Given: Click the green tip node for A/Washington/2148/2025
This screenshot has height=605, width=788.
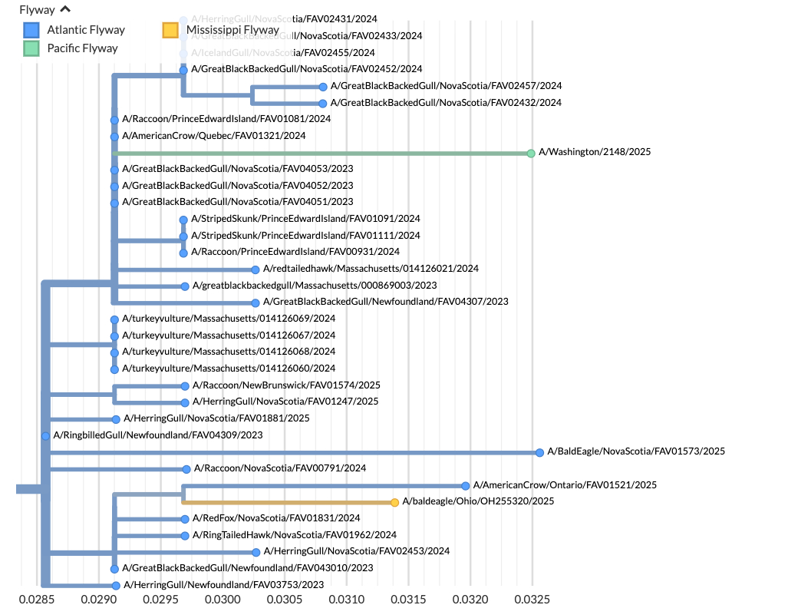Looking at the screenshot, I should tap(531, 154).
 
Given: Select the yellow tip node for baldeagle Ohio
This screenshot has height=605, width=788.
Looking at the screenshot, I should tap(394, 503).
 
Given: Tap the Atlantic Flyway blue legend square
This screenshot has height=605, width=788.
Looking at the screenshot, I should tap(31, 31).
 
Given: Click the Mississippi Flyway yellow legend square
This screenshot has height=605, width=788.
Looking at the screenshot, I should tap(170, 31).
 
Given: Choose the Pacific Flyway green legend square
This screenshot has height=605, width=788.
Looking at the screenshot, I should tap(31, 48).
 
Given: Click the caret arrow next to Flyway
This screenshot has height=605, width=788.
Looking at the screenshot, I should tap(65, 9).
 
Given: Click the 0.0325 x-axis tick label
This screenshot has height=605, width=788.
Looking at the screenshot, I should tap(533, 595).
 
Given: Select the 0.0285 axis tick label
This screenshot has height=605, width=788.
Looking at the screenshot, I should tap(38, 595).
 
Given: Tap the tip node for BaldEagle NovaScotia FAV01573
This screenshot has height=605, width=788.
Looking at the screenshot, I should tap(539, 453).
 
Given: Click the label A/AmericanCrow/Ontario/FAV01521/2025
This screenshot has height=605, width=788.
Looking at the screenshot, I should tap(565, 485).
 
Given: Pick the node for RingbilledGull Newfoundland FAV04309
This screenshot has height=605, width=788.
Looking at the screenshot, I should tap(45, 436).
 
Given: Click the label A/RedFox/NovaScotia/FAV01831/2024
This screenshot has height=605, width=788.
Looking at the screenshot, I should tap(275, 518).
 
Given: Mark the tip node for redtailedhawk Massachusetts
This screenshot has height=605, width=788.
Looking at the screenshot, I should tap(256, 269).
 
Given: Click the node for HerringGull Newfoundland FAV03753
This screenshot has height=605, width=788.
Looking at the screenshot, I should tap(115, 586).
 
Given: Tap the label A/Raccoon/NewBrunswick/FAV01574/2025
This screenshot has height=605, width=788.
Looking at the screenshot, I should tap(286, 385).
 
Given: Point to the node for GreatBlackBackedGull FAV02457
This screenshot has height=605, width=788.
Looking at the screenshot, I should tap(323, 87).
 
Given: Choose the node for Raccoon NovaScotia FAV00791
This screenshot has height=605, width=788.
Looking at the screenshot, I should tap(186, 469).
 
